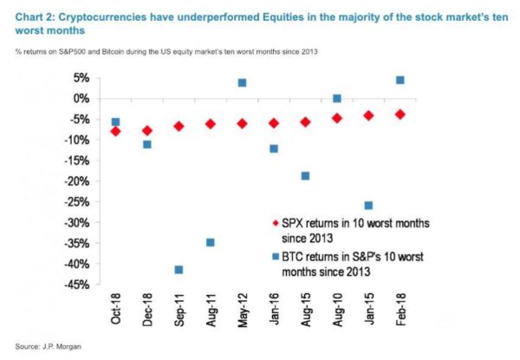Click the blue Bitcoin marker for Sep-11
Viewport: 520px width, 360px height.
point(179,270)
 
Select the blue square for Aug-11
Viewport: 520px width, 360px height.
point(211,242)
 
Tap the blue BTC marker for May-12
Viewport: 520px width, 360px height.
point(242,83)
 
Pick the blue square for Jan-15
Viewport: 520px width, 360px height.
point(368,206)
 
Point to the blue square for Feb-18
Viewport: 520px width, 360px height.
point(400,81)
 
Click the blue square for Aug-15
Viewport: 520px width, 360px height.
point(305,176)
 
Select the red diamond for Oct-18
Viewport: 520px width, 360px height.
point(115,131)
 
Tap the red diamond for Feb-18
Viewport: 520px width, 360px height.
point(400,115)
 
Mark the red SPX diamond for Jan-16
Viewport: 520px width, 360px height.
point(274,123)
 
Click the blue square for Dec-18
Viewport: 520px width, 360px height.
point(147,144)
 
